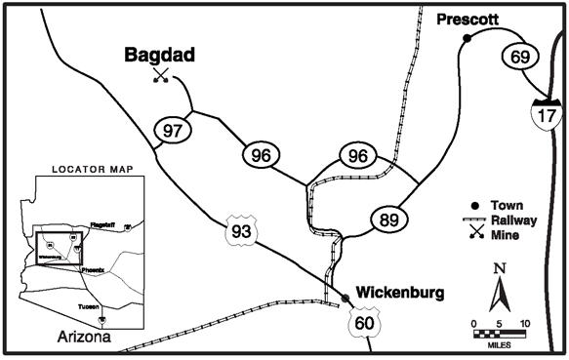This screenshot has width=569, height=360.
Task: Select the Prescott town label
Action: [x=467, y=19]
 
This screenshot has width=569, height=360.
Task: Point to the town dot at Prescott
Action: [x=467, y=38]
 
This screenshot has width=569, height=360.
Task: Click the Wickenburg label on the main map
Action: [x=400, y=292]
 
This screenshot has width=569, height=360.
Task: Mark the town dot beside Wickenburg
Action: [x=345, y=297]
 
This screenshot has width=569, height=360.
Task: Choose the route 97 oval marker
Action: [x=173, y=130]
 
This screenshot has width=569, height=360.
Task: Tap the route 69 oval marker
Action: [x=519, y=56]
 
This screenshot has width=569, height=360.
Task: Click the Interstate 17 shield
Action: [x=545, y=113]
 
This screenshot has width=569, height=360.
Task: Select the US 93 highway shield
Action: [x=239, y=230]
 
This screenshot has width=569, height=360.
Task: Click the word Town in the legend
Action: [x=508, y=206]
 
